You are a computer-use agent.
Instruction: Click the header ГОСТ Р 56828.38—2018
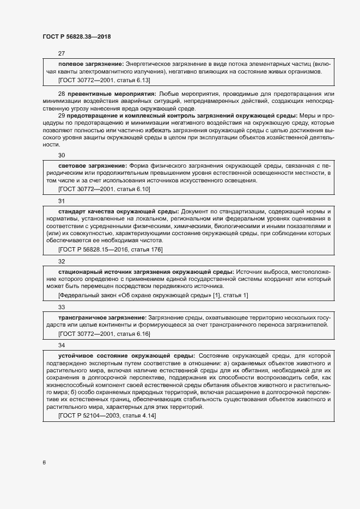[77, 36]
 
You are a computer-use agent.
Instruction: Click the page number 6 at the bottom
[44, 463]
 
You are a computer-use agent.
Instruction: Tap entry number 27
[62, 53]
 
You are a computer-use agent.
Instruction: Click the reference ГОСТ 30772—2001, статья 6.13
[103, 79]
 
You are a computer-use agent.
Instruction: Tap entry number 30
[62, 155]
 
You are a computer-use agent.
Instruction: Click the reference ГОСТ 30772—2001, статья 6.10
[103, 188]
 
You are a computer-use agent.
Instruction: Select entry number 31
[62, 200]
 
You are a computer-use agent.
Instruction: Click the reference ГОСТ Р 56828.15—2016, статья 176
[110, 249]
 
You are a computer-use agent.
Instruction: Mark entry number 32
[62, 261]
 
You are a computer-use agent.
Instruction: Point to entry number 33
[62, 307]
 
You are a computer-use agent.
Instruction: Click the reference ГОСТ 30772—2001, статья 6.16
[103, 333]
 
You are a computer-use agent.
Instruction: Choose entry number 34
[62, 345]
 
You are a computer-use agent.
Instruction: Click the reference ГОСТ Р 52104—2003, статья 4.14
[107, 415]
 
